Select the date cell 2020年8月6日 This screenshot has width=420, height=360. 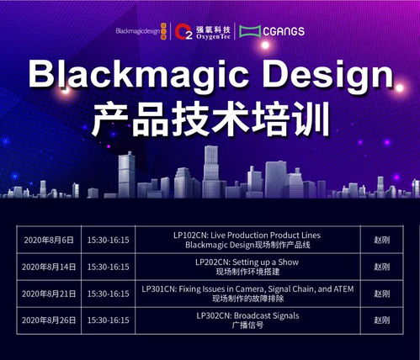click(x=49, y=240)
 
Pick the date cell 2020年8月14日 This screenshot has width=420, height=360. click(x=49, y=267)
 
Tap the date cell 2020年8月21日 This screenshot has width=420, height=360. click(x=49, y=294)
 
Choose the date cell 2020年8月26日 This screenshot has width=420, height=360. click(x=49, y=320)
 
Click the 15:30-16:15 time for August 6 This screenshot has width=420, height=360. click(x=108, y=240)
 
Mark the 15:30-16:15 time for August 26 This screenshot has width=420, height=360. click(x=108, y=320)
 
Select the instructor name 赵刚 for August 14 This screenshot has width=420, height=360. click(x=381, y=267)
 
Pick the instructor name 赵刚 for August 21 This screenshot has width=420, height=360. click(x=381, y=294)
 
